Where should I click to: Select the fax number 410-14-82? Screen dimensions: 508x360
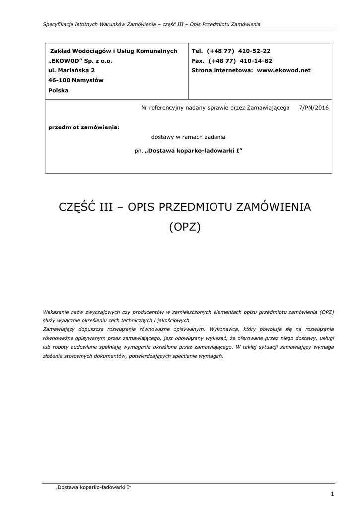click(x=256, y=61)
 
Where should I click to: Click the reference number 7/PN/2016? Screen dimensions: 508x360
click(x=314, y=107)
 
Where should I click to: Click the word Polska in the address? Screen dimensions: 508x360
click(x=58, y=90)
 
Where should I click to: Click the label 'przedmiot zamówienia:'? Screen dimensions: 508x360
click(x=84, y=127)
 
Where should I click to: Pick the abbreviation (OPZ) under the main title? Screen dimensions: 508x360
click(x=185, y=227)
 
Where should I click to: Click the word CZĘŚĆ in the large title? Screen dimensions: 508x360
click(x=77, y=207)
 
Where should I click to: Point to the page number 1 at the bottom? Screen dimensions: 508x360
click(x=332, y=493)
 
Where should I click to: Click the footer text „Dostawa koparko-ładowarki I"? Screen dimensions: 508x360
click(x=93, y=487)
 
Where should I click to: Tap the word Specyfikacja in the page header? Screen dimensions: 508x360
click(x=59, y=24)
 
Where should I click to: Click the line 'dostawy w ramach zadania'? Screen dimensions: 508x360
click(x=188, y=137)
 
